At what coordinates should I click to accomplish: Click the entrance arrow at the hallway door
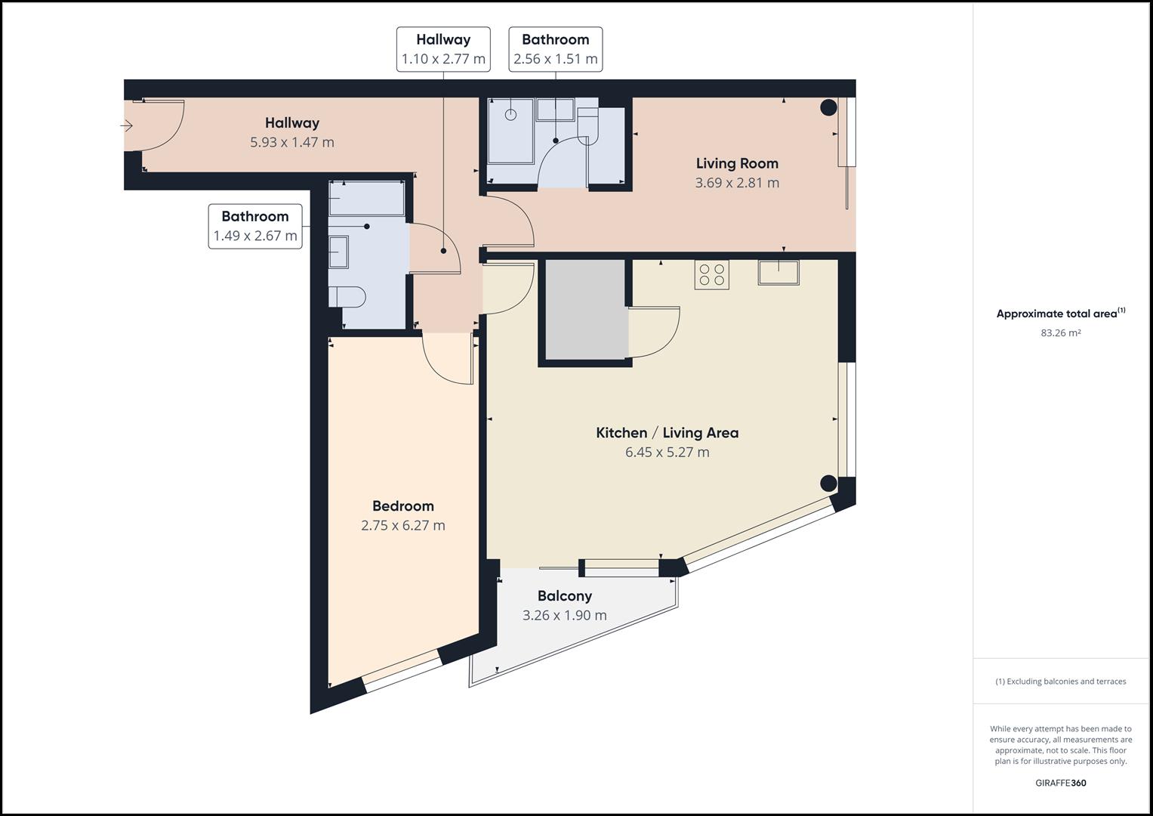pos(127,125)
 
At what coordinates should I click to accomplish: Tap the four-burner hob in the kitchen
pos(712,274)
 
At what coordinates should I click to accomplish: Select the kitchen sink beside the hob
pos(778,272)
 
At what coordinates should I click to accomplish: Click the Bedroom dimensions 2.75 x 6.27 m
pos(403,525)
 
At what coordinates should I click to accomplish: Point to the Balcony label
pos(565,595)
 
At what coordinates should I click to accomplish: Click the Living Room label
pos(737,163)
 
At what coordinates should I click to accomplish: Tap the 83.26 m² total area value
pos(1060,332)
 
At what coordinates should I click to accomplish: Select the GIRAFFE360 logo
pos(1060,783)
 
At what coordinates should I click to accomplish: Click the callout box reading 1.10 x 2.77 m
pos(443,49)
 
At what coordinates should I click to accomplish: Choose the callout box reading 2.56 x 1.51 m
pos(556,49)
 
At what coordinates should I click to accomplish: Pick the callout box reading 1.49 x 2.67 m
pos(255,226)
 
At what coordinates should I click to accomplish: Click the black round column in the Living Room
pos(828,107)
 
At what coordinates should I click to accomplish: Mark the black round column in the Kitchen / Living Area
pos(828,484)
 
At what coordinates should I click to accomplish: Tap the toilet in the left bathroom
pos(347,297)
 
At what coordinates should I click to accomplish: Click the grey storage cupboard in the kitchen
pos(586,309)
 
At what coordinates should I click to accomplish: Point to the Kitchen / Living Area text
pos(667,433)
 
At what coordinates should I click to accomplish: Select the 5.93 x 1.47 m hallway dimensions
pos(292,142)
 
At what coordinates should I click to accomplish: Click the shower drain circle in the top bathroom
pos(510,114)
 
